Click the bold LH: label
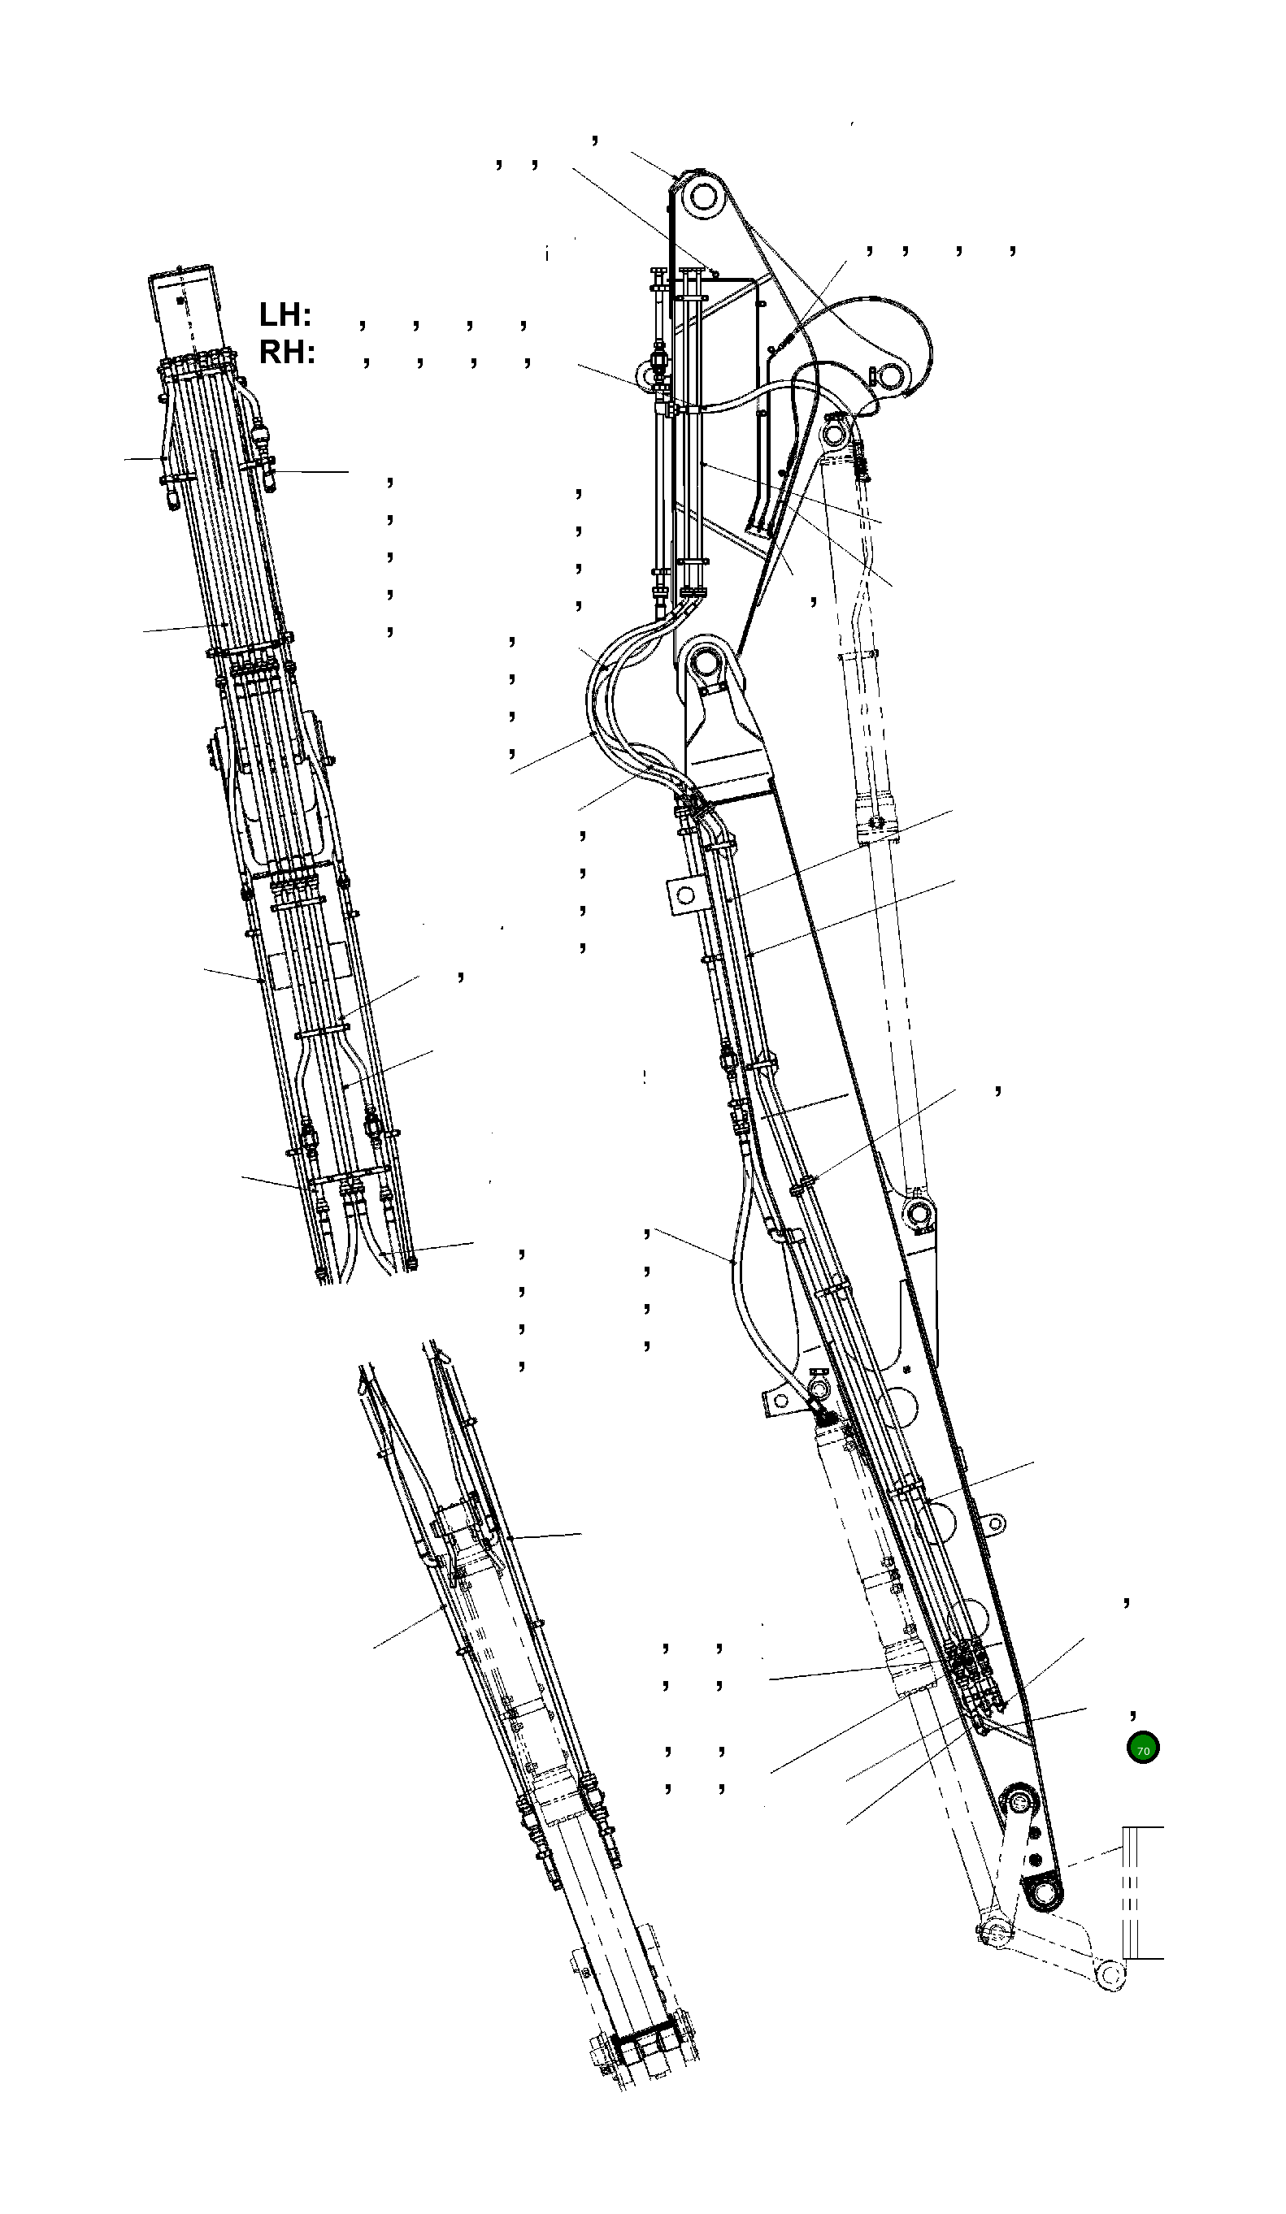[285, 314]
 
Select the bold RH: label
[287, 353]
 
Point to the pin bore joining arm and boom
[706, 665]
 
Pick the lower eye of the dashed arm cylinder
[918, 1215]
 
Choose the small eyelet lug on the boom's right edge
[994, 1523]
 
